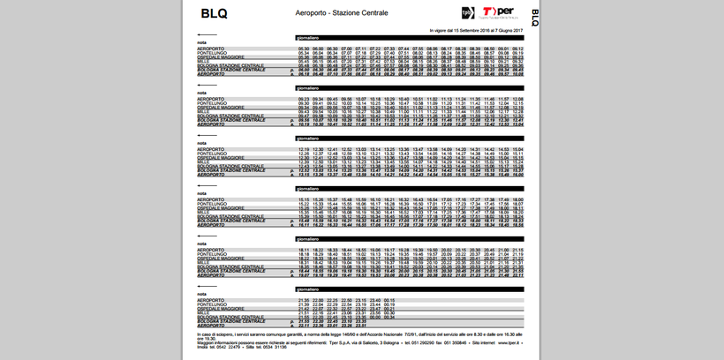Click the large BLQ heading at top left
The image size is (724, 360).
(x=214, y=13)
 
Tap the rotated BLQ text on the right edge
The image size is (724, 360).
(x=533, y=16)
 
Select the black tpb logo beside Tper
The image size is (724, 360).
(x=469, y=12)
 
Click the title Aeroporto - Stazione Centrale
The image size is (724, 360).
(x=342, y=14)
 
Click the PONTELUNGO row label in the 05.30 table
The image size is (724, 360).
(x=212, y=53)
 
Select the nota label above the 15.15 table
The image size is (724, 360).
(x=202, y=192)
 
